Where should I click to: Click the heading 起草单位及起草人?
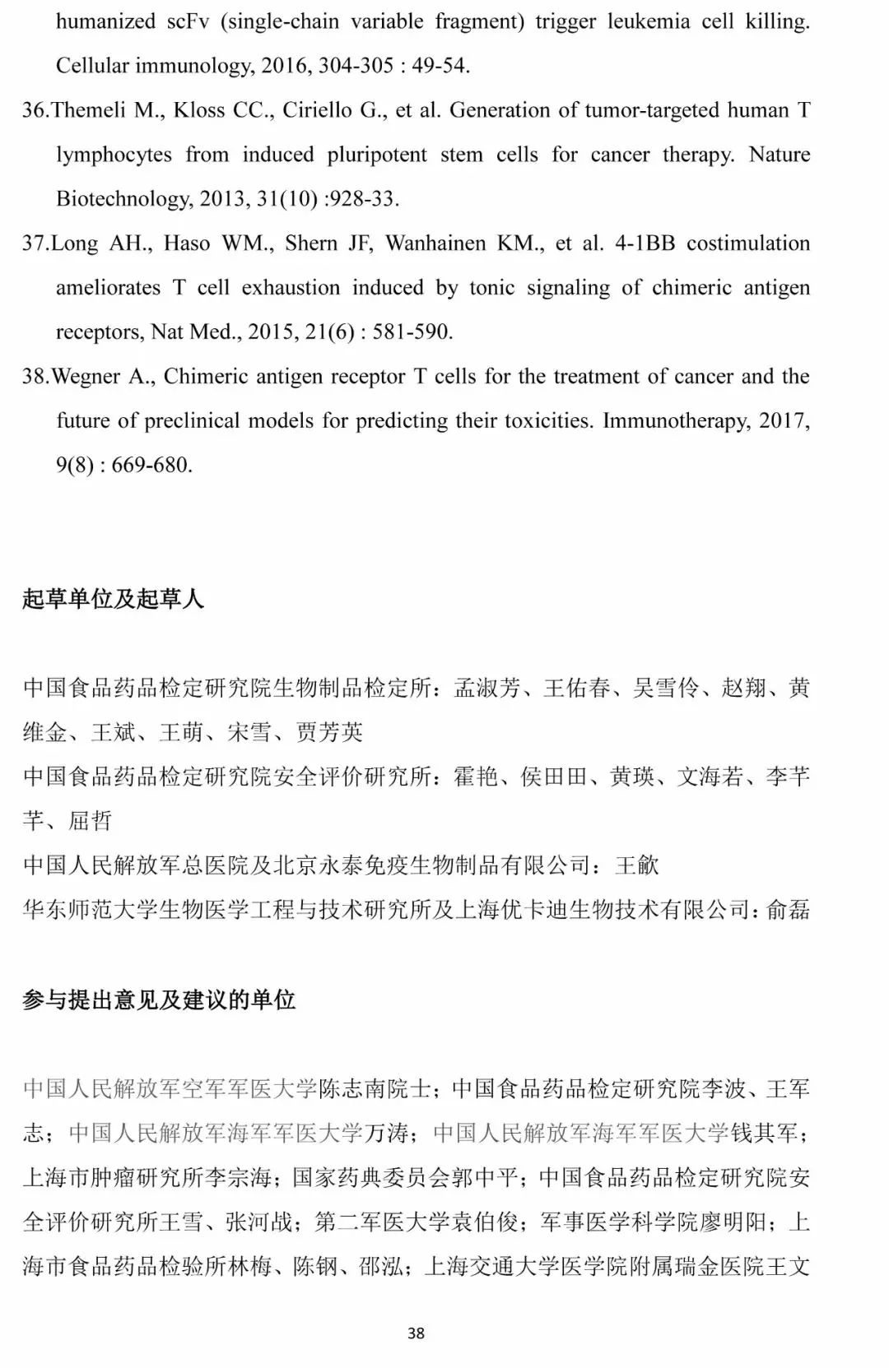click(x=113, y=599)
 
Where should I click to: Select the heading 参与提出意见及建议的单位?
click(x=159, y=1000)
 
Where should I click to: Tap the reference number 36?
click(x=35, y=110)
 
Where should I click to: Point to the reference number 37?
click(x=35, y=243)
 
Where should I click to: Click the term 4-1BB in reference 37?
click(x=645, y=243)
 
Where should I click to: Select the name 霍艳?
click(x=476, y=777)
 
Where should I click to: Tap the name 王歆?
click(x=637, y=865)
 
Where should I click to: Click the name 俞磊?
click(x=788, y=910)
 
